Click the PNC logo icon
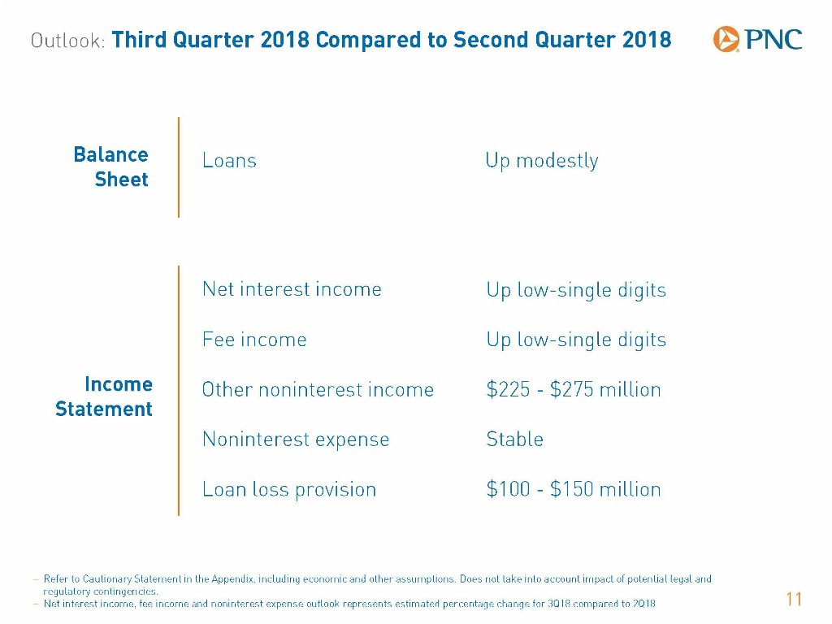click(726, 39)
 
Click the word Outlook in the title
click(68, 41)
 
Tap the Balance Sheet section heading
click(110, 167)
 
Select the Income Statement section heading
click(104, 396)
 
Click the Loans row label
click(229, 160)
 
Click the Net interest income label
click(292, 289)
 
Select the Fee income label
click(254, 340)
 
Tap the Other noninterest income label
click(318, 389)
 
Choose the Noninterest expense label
click(296, 440)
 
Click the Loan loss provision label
click(289, 490)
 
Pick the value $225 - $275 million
click(574, 389)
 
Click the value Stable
click(514, 440)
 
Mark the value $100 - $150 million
click(574, 489)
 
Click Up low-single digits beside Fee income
click(576, 340)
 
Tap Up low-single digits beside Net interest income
click(576, 291)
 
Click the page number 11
click(794, 599)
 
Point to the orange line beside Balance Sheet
click(179, 167)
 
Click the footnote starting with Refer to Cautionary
click(377, 585)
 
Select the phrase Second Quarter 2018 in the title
click(562, 40)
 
